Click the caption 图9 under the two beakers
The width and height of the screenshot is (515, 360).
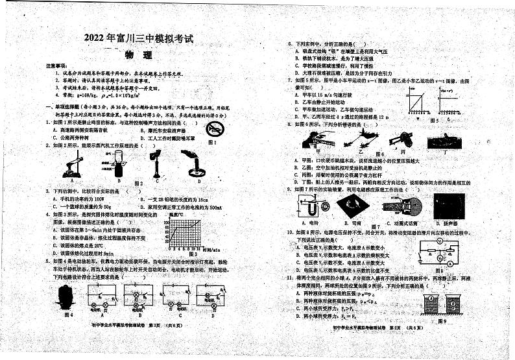pos(442,320)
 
